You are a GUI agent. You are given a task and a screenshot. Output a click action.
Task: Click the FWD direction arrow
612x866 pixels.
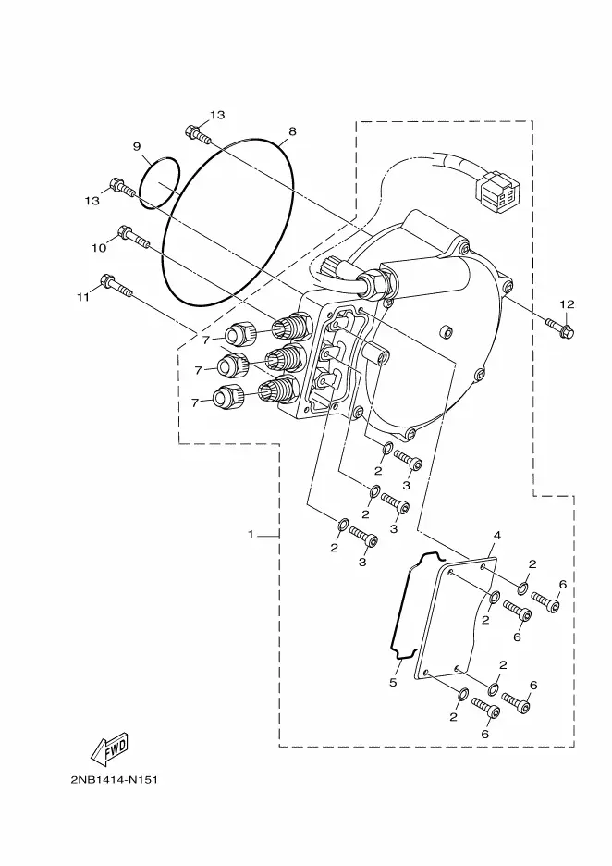click(x=109, y=748)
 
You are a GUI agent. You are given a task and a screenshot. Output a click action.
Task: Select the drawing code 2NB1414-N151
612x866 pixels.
click(x=115, y=780)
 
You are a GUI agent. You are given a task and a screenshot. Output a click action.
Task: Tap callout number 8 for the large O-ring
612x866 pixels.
click(x=292, y=131)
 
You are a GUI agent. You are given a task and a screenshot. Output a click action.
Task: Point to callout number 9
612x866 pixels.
click(x=137, y=146)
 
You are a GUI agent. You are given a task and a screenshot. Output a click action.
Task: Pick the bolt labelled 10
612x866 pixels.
click(x=133, y=237)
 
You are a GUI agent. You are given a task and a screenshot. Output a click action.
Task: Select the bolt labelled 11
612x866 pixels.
click(x=116, y=284)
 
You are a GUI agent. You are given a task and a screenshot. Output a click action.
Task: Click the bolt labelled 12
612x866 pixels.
click(x=560, y=327)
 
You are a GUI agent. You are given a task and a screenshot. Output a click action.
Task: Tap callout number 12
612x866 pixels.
click(x=567, y=304)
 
